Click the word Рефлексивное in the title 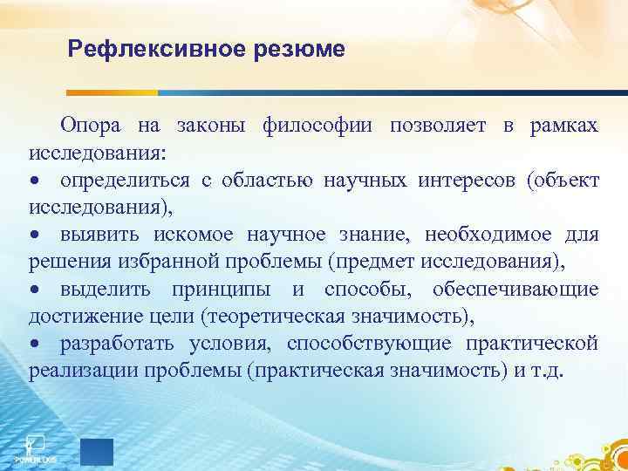coord(157,49)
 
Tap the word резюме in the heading coord(299,49)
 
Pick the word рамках coord(563,127)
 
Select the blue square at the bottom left coord(96,451)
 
